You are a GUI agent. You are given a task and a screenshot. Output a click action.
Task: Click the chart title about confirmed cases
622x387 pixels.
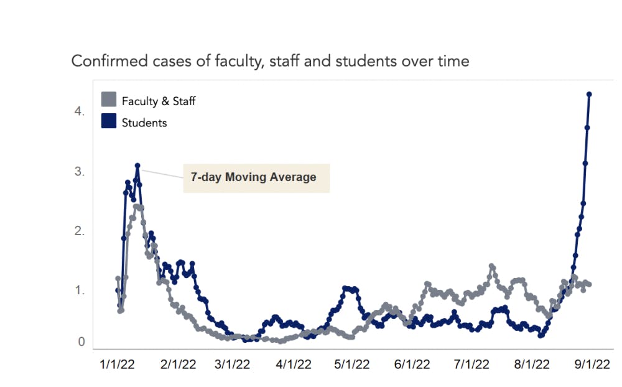tap(270, 62)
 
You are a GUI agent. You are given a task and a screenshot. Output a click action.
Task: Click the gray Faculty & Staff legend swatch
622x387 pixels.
tap(109, 100)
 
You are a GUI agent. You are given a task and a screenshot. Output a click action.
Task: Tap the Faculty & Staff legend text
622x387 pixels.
tap(159, 101)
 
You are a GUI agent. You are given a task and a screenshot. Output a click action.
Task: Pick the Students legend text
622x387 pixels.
tap(144, 123)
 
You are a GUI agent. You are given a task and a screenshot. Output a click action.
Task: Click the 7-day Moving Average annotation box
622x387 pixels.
tap(256, 178)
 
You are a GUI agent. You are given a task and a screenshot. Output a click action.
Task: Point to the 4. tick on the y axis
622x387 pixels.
tap(79, 112)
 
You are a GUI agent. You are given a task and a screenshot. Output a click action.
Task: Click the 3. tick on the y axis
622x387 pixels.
tap(79, 172)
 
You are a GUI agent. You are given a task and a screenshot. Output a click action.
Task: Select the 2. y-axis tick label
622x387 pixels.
tap(79, 231)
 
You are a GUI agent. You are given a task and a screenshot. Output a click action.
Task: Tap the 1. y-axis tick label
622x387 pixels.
tap(79, 291)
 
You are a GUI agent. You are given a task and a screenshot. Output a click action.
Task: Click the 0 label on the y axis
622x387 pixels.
tap(81, 342)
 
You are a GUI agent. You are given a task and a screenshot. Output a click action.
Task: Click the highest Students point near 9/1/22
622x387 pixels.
tap(589, 95)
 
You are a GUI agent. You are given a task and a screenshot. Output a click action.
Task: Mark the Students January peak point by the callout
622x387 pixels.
tap(137, 166)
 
